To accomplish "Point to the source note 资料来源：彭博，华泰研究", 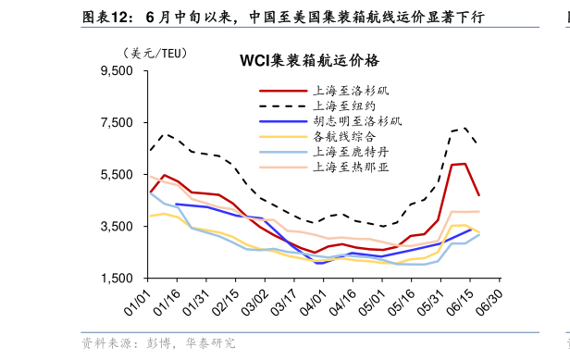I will (x=158, y=343).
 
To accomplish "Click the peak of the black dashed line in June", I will (x=465, y=128).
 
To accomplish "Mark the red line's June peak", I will (x=465, y=164).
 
